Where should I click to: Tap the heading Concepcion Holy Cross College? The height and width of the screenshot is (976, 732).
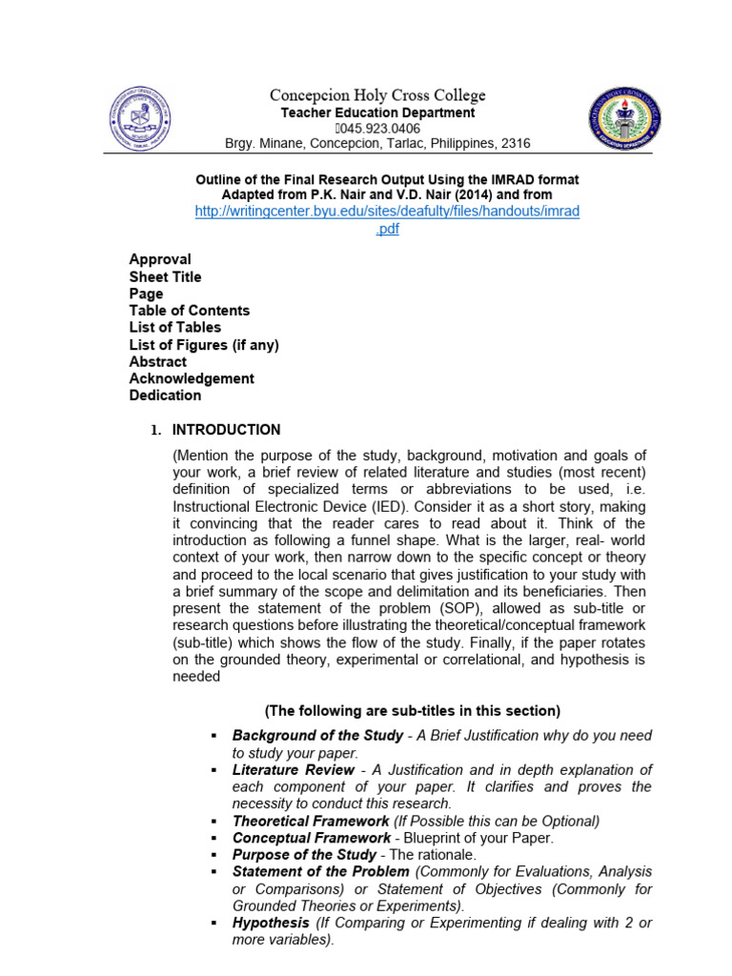click(376, 95)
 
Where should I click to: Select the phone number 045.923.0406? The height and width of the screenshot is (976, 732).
click(379, 129)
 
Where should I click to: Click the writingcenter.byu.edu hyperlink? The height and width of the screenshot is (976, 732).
click(386, 212)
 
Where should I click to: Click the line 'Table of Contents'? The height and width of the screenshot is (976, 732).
click(190, 311)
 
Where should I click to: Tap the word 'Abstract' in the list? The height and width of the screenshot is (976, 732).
click(158, 362)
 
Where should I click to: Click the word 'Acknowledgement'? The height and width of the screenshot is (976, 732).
click(192, 378)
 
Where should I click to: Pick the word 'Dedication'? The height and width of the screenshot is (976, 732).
click(166, 396)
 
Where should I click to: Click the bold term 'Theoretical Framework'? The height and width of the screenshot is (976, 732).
click(311, 822)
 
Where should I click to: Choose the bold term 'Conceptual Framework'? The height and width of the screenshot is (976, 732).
click(311, 839)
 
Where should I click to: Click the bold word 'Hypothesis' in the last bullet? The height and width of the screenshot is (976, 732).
click(271, 924)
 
